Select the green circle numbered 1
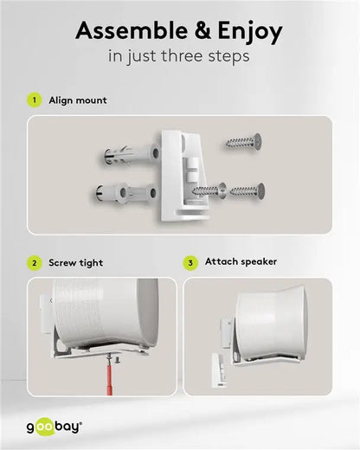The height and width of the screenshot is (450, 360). pyautogui.click(x=35, y=100)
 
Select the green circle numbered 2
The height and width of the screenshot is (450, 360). pyautogui.click(x=35, y=262)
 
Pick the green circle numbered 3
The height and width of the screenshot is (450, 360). pyautogui.click(x=190, y=262)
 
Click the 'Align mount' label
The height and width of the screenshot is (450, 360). pyautogui.click(x=78, y=100)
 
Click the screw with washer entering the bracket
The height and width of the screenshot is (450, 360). pyautogui.click(x=209, y=188)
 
